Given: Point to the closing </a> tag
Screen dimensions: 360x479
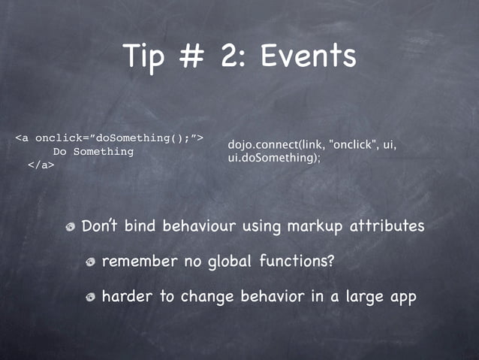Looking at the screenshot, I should pos(41,165).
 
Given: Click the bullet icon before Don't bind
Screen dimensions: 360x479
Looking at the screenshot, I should pos(70,227).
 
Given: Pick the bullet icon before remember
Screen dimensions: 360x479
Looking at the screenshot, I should pos(90,262).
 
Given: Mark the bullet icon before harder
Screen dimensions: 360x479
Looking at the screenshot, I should pos(90,298).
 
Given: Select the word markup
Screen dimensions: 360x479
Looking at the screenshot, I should pos(310,225).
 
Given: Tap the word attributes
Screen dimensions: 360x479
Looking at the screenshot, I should pos(387,225).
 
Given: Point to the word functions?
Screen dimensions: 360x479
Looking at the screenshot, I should pos(297,262).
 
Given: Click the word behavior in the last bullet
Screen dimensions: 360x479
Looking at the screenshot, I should pos(273,297).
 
